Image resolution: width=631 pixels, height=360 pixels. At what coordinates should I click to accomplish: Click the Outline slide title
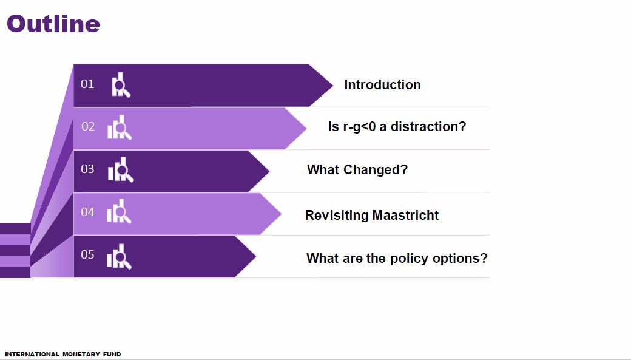point(53,24)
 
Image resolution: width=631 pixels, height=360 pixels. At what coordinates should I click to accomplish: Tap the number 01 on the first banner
point(88,84)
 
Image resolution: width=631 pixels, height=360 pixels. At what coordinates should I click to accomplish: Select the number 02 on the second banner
point(89,127)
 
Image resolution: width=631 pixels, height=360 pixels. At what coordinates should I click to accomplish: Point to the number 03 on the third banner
point(88,169)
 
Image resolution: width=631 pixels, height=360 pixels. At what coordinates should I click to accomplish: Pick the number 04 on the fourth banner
point(88,212)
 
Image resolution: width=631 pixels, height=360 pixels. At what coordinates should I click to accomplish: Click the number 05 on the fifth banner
point(88,254)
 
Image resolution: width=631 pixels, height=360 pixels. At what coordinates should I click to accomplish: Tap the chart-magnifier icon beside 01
point(121,85)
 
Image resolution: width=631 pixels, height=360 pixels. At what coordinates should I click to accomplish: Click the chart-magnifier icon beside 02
point(120,127)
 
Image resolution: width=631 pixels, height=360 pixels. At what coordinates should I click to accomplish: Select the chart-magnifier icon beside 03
point(121,170)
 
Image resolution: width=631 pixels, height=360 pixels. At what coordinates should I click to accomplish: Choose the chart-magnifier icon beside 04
point(120,212)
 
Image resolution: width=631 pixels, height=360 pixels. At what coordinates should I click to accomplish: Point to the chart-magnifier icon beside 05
point(120,256)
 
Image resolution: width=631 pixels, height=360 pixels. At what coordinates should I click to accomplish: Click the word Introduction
point(382,85)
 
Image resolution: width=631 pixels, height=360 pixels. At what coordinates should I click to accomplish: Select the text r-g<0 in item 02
point(359,127)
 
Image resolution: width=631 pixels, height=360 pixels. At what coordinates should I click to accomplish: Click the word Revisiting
point(337,216)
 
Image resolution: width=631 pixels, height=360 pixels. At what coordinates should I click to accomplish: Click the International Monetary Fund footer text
point(63,354)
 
